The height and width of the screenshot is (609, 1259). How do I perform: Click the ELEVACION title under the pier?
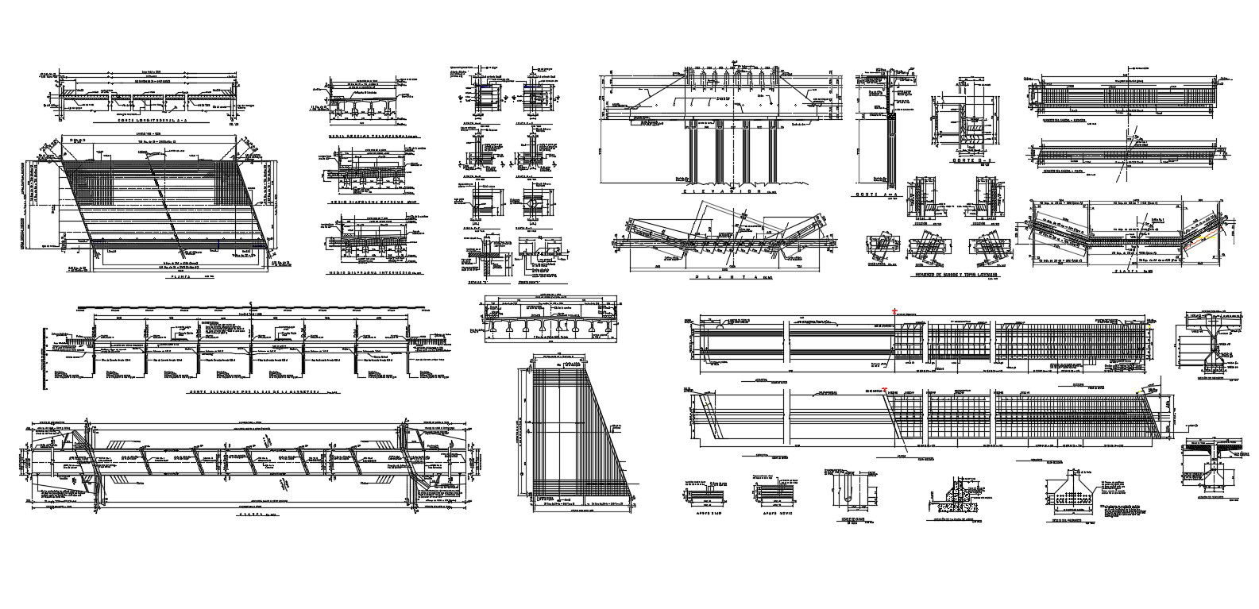(719, 191)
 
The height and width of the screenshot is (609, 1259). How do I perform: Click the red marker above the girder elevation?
(895, 311)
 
